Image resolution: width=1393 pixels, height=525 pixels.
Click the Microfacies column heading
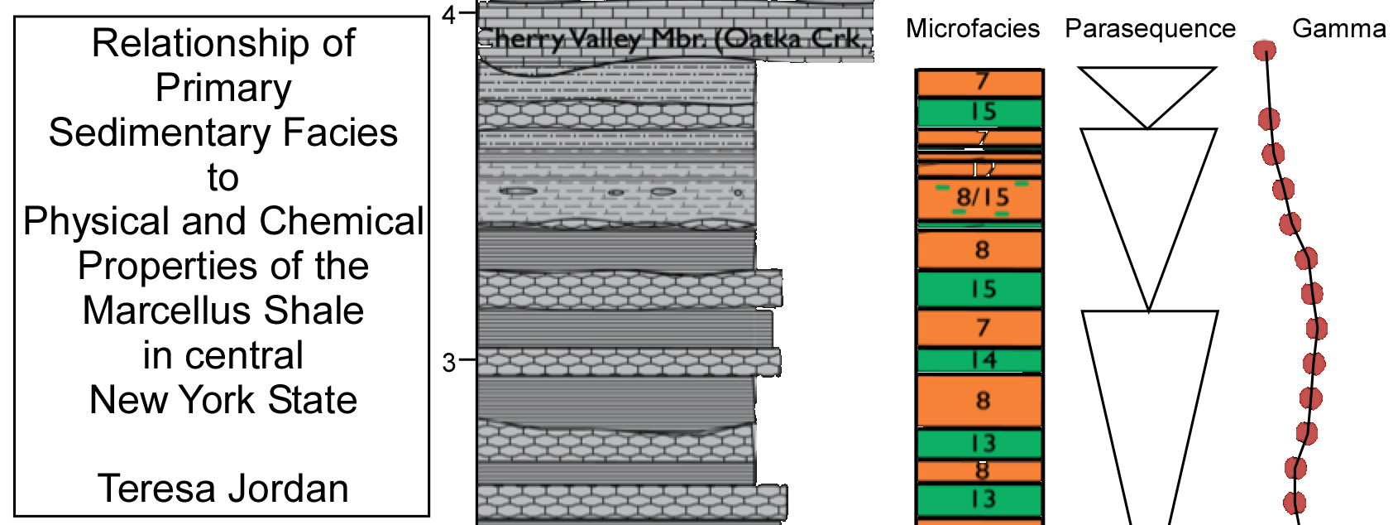coord(972,29)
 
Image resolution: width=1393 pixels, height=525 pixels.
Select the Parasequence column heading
coord(1150,29)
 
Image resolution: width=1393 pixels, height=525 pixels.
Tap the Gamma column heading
coord(1338,29)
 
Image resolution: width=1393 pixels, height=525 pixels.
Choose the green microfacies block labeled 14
coord(980,360)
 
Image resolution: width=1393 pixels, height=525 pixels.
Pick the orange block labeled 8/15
coord(980,197)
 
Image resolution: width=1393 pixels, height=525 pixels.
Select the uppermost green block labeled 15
coord(980,112)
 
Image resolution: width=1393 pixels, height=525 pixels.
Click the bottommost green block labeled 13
coord(980,499)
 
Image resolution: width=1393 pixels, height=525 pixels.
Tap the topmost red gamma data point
coord(1264,51)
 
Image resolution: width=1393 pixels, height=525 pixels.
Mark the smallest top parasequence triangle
coord(1147,93)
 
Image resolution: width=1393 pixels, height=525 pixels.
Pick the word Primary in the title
coord(223,88)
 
